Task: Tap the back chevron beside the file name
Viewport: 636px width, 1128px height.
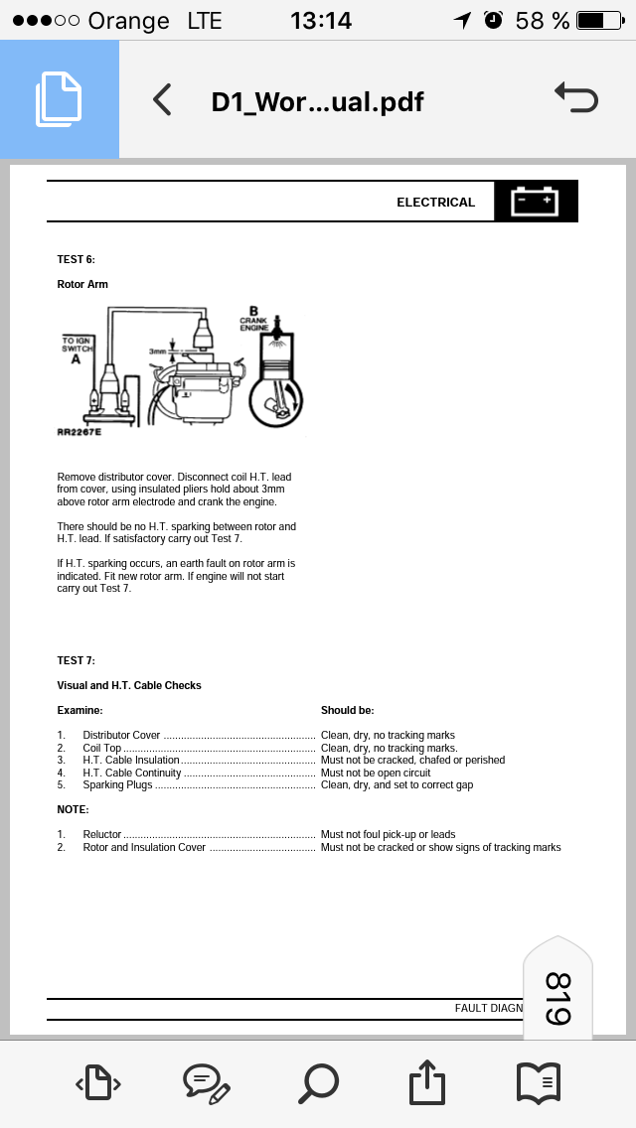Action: click(162, 100)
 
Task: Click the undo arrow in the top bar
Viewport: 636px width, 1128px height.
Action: click(575, 98)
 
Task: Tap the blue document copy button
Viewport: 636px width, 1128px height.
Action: click(59, 99)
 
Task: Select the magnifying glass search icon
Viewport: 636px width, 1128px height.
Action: click(318, 1081)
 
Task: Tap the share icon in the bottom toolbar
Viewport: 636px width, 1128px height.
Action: click(425, 1081)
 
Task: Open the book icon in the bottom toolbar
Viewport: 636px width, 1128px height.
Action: click(538, 1081)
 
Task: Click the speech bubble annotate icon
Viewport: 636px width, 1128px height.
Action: click(207, 1082)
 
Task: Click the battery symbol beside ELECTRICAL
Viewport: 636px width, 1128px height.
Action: click(535, 202)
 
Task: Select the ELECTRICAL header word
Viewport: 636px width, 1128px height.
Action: click(435, 203)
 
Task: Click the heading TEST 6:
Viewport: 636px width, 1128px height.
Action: click(77, 259)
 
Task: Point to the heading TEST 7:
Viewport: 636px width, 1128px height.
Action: click(77, 660)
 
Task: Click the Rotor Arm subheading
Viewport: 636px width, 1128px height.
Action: click(82, 284)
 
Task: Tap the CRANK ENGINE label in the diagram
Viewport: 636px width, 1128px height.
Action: click(254, 323)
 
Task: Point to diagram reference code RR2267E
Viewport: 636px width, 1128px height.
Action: click(79, 432)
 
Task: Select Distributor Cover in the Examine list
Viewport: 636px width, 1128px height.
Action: click(121, 736)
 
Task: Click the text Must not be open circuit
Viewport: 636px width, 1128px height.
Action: click(376, 773)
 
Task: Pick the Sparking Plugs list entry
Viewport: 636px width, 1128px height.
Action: click(117, 784)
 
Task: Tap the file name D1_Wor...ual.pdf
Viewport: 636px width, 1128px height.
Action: click(317, 101)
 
